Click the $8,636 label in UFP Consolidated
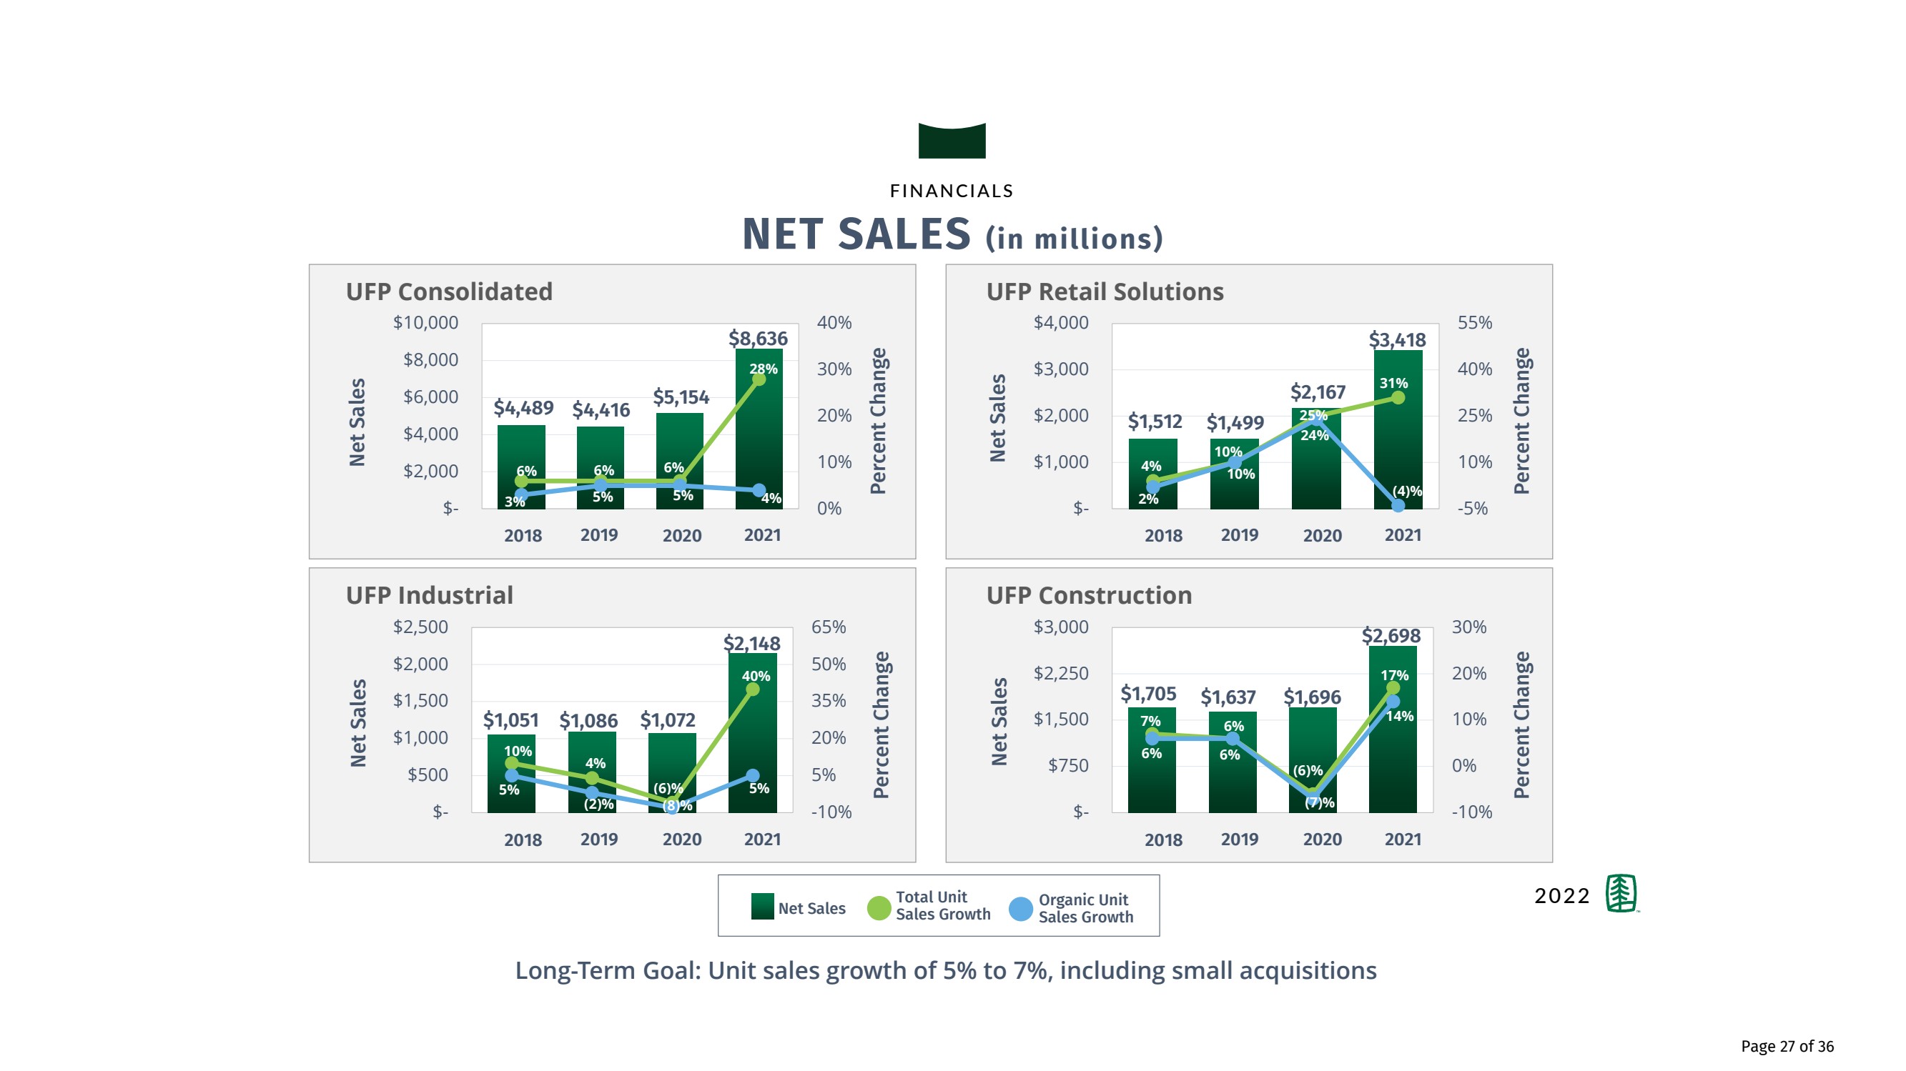pos(758,339)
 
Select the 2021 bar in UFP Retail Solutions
pos(1398,444)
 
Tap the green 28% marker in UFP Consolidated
pos(759,379)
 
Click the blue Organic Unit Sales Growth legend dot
pos(1020,908)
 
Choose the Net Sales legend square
pos(762,907)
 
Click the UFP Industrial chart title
pos(429,595)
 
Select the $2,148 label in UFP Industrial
pos(751,644)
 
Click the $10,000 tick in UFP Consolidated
pos(425,322)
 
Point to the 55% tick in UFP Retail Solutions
pos(1475,322)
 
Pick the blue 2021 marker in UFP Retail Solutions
pos(1398,506)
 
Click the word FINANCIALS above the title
pos(952,191)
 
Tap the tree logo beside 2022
pos(1621,894)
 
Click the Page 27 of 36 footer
pos(1787,1046)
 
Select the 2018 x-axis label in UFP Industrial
pos(523,840)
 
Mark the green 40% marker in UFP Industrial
pos(753,689)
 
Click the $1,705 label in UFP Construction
pos(1147,694)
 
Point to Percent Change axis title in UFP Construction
pos(1521,725)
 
